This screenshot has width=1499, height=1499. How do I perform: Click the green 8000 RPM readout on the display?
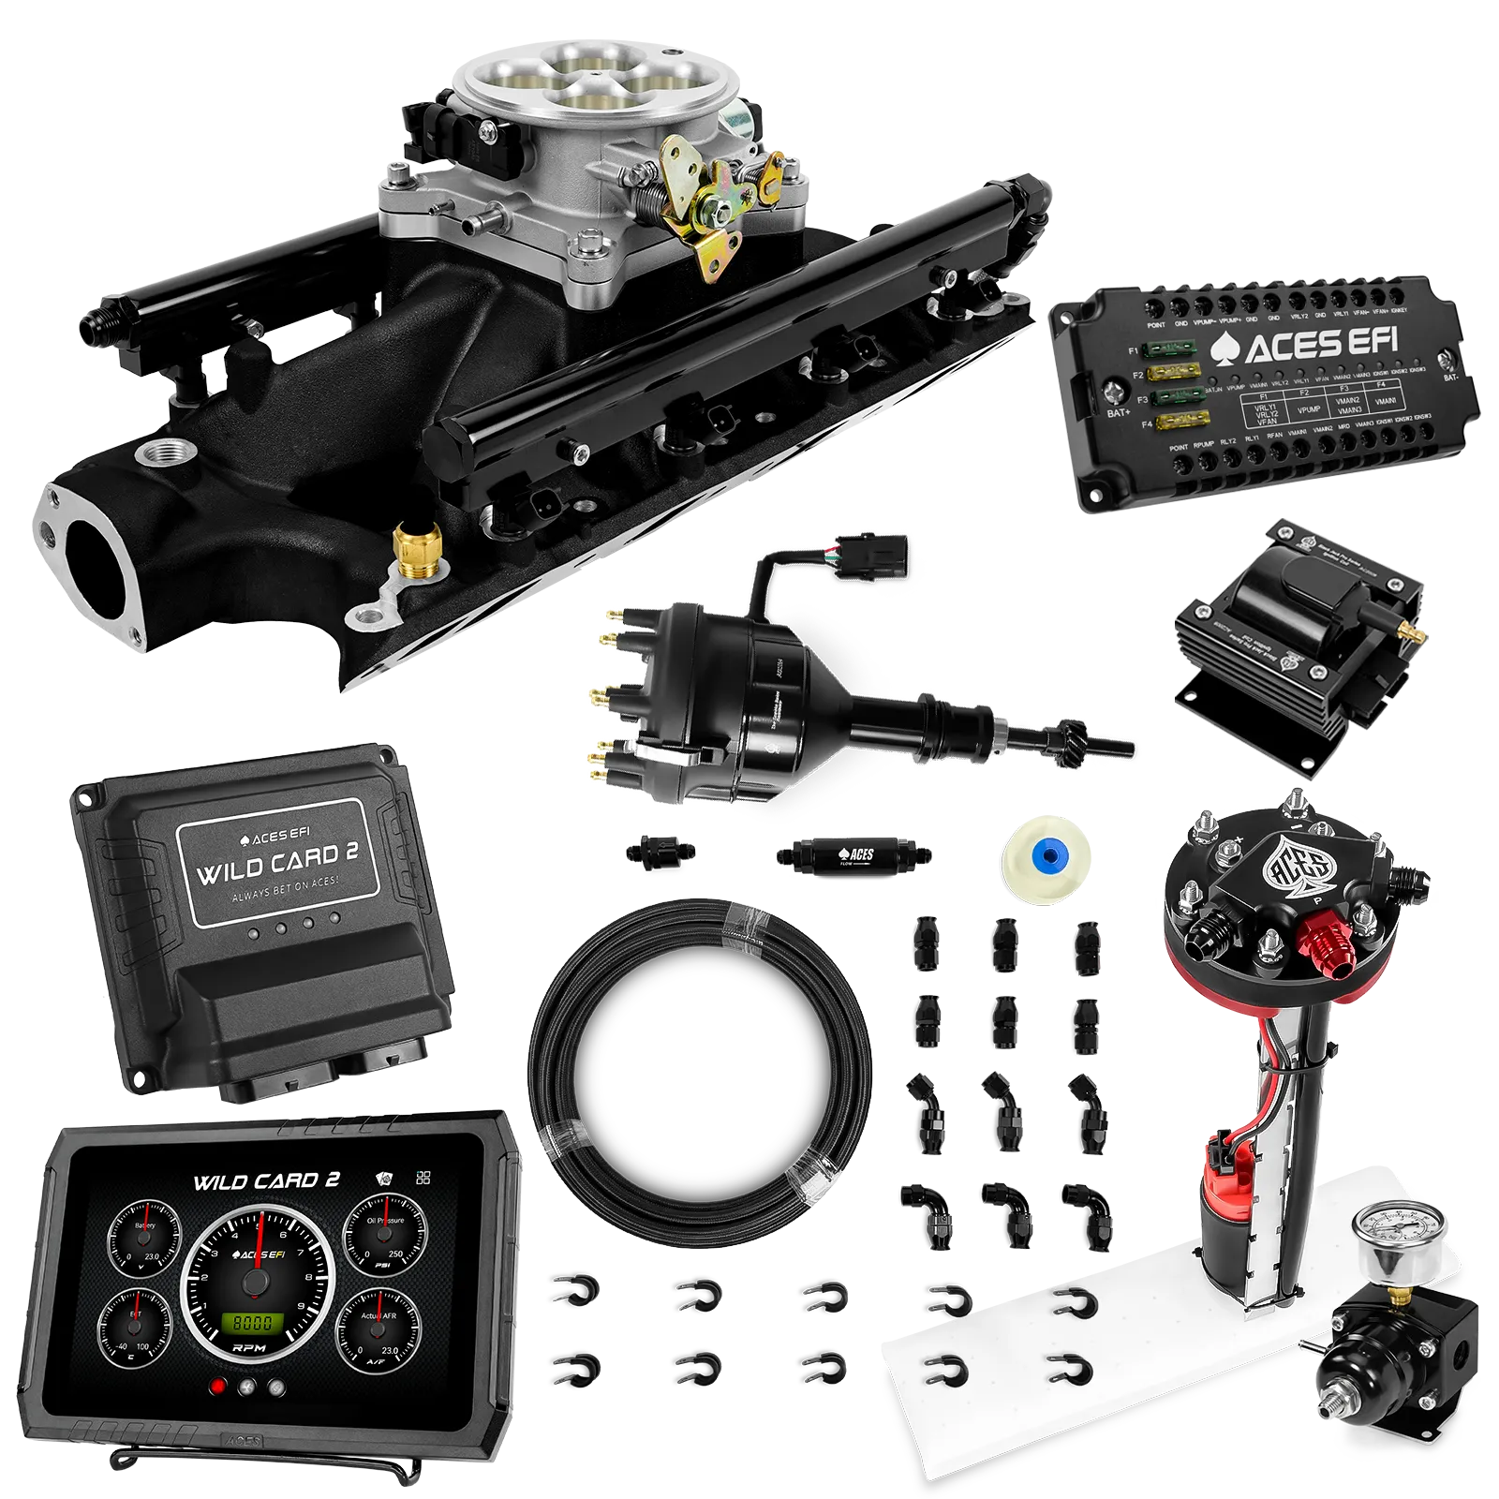pos(252,1322)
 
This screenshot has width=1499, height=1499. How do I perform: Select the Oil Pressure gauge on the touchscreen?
pos(384,1236)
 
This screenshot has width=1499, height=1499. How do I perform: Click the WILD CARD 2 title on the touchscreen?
pos(266,1181)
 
